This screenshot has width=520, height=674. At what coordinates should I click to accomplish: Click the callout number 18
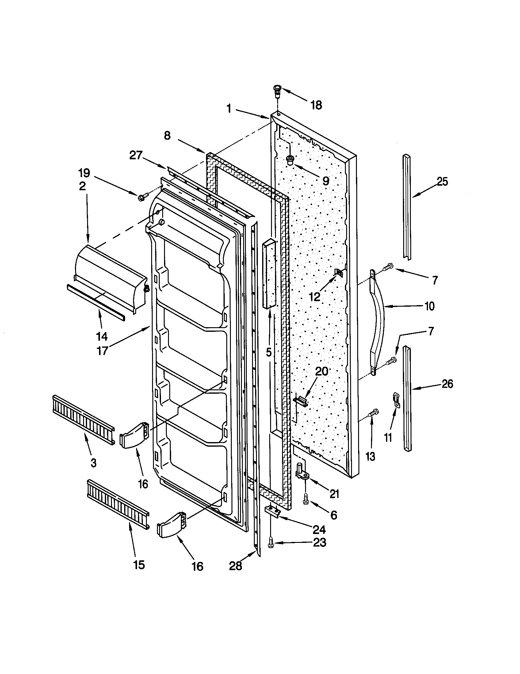[316, 105]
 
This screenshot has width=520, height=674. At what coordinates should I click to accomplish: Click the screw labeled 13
[374, 413]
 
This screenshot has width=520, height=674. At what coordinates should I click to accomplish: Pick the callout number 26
[447, 384]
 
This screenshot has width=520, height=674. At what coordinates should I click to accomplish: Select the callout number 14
[102, 336]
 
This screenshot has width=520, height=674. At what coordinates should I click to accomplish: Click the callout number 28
[235, 566]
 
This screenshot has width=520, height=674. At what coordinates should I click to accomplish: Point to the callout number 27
[136, 155]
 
